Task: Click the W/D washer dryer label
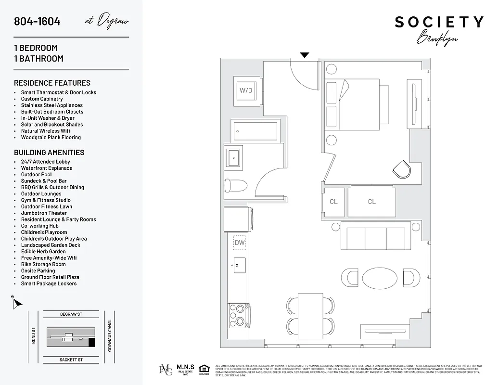tap(246, 90)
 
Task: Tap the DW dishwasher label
tap(240, 243)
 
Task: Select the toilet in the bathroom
tap(235, 185)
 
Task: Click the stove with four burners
tap(238, 316)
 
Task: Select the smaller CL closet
tap(333, 202)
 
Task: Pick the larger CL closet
tap(371, 202)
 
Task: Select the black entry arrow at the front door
tap(305, 55)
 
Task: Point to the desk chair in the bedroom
tap(401, 169)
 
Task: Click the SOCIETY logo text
tap(439, 22)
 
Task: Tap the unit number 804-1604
tap(37, 21)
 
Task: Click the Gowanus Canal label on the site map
tap(110, 335)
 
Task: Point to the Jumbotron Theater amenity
tap(44, 213)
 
